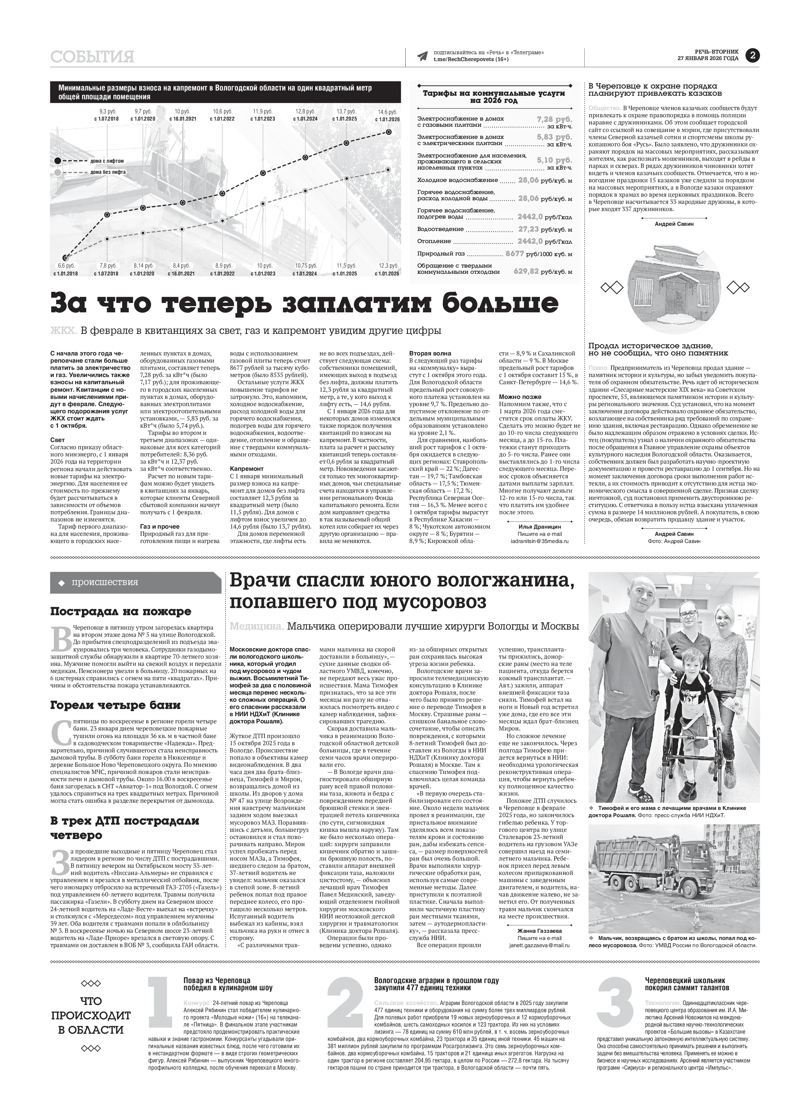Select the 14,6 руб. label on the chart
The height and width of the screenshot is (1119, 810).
tap(388, 112)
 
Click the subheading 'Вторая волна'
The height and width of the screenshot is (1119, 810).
tap(430, 353)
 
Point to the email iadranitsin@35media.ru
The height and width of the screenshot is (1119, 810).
tap(539, 541)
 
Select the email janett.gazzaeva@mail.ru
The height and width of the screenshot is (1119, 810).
tap(539, 945)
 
